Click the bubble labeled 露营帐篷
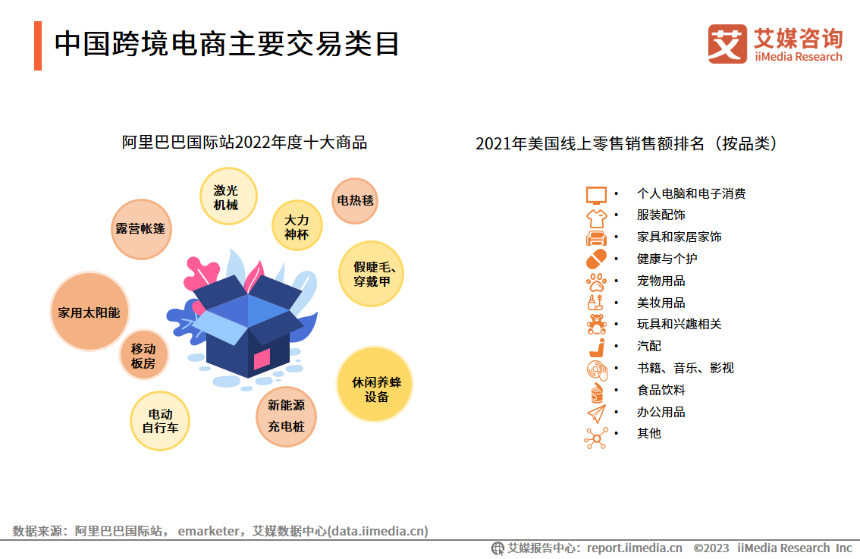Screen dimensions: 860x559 pyautogui.click(x=141, y=229)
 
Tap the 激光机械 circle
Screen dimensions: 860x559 pyautogui.click(x=228, y=196)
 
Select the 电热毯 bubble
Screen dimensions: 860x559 pyautogui.click(x=355, y=201)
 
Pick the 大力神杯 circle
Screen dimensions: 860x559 pyautogui.click(x=297, y=225)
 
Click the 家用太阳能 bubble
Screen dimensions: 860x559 pyautogui.click(x=89, y=311)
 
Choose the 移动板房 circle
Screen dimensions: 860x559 pyautogui.click(x=143, y=355)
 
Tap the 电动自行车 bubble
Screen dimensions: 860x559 pyautogui.click(x=159, y=421)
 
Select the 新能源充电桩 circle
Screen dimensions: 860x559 pyautogui.click(x=286, y=416)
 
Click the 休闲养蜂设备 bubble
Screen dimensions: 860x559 pyautogui.click(x=375, y=384)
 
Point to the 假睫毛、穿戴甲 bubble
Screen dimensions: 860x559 pyautogui.click(x=372, y=274)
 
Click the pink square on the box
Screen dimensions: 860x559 pyautogui.click(x=262, y=359)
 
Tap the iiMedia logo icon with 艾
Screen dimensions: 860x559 pyautogui.click(x=727, y=44)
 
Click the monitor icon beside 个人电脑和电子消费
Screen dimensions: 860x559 pyautogui.click(x=596, y=195)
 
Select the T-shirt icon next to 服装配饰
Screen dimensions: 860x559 pyautogui.click(x=596, y=218)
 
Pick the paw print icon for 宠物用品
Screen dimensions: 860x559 pyautogui.click(x=596, y=282)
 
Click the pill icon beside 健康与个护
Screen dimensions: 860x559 pyautogui.click(x=596, y=259)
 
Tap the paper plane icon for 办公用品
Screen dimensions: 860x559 pyautogui.click(x=597, y=413)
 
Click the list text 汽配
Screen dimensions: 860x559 pyautogui.click(x=649, y=346)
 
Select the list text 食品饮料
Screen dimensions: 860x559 pyautogui.click(x=661, y=390)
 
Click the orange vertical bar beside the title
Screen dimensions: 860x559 pyautogui.click(x=38, y=46)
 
